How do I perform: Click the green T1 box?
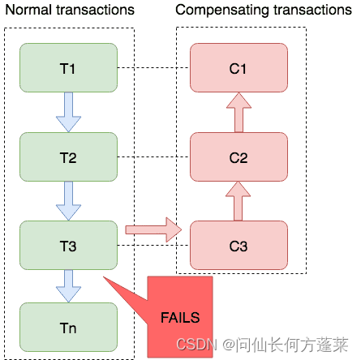point(68,66)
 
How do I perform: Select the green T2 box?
point(68,156)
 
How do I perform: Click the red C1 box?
point(239,67)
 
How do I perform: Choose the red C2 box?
point(239,156)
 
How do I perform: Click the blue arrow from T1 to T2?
point(68,111)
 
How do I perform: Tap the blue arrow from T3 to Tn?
point(68,285)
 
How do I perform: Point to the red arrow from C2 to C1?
point(239,111)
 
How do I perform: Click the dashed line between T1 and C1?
point(154,67)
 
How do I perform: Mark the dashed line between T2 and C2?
point(154,156)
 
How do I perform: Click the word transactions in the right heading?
point(307,11)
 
